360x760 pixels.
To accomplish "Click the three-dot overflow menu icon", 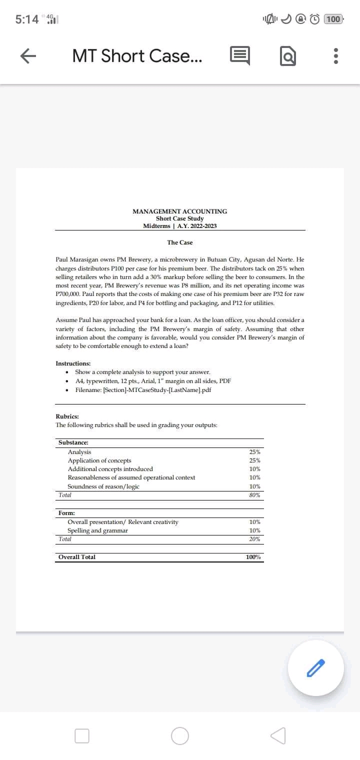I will [336, 56].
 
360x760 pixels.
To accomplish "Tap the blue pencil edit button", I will [315, 667].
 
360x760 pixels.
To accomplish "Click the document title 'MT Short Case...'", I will [137, 56].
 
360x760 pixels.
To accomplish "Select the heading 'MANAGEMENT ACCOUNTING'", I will [179, 211].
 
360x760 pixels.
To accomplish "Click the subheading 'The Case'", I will [179, 242].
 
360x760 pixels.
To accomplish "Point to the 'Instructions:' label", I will [73, 363].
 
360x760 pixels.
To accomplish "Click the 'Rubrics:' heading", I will [67, 416].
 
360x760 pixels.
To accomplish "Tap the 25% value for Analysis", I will [254, 452].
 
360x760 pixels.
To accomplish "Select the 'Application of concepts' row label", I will [99, 460].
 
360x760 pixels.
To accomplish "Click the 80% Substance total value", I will [254, 495].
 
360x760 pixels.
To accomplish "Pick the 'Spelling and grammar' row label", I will [97, 530].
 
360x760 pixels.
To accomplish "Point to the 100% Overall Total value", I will [253, 557].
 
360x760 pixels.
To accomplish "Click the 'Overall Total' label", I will [77, 557].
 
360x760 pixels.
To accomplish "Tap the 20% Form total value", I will [254, 539].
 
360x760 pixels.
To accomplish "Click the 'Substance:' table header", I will [73, 443].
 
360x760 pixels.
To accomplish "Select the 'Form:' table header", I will [67, 513].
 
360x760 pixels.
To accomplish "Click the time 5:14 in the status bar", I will [27, 19].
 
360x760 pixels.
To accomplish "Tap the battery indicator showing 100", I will [333, 19].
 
